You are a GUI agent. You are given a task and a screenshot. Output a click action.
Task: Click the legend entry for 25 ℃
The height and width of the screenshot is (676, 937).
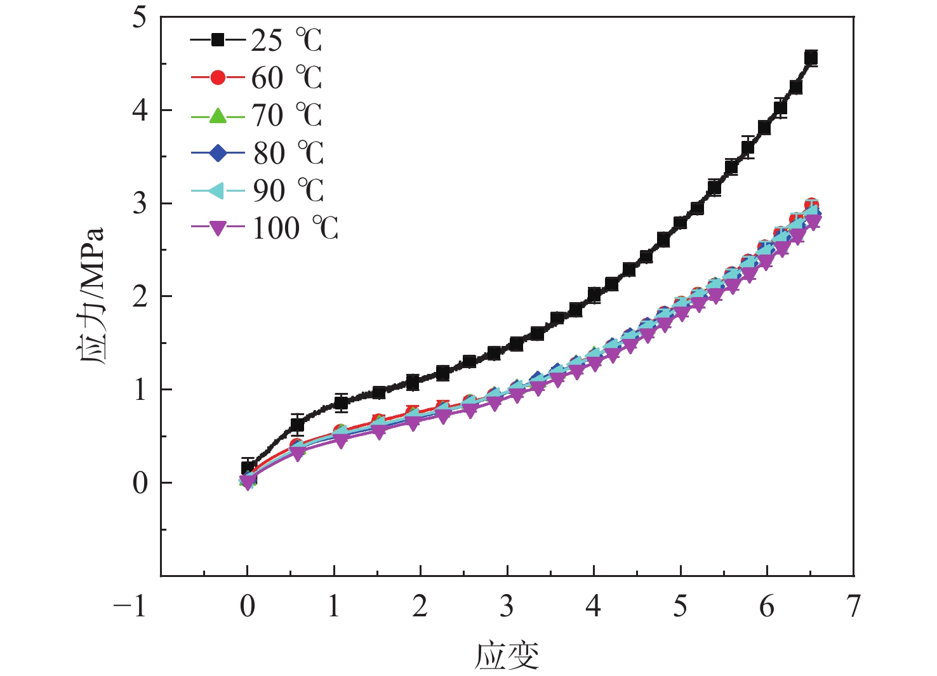coord(286,40)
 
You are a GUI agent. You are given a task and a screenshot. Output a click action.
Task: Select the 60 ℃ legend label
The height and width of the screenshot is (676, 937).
coord(286,78)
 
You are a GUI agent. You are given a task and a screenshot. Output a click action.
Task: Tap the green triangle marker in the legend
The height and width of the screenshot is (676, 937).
coord(218,116)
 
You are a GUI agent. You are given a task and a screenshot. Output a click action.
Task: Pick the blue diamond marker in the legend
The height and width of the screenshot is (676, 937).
coord(218,153)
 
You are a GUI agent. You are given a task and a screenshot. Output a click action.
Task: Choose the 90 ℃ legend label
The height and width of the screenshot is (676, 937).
coord(288,190)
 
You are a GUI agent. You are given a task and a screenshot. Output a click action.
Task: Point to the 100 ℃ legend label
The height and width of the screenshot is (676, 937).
coord(295,228)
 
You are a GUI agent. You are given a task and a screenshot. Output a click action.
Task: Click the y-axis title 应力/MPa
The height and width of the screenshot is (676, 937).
coord(90,295)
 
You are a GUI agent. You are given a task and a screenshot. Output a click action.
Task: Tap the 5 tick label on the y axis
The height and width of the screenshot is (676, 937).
coord(140,17)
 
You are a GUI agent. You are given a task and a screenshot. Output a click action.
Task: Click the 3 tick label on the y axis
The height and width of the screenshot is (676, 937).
coord(140,204)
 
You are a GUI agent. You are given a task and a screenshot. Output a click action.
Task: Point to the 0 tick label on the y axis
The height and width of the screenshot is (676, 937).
coord(140,483)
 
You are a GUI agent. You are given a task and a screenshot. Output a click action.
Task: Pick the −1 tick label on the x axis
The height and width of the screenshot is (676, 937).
coord(130,606)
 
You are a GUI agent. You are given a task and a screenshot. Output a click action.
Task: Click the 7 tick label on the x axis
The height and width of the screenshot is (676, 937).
coord(854,606)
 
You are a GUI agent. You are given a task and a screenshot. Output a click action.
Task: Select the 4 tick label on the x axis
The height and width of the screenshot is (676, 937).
coord(593,606)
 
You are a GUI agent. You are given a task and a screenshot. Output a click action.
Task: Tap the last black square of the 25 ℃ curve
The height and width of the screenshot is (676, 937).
coord(811,58)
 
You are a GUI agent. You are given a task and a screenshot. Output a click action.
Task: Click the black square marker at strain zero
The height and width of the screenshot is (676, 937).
coord(248,468)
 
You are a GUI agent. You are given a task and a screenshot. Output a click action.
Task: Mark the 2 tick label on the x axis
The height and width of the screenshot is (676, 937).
coord(420,606)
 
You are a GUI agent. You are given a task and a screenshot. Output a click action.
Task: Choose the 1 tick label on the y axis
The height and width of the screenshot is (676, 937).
coord(140,390)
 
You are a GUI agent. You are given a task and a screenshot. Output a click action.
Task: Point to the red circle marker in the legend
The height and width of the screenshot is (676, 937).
coord(218,78)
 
